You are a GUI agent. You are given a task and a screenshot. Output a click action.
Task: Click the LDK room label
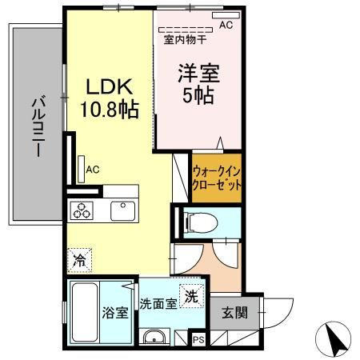[x=110, y=86]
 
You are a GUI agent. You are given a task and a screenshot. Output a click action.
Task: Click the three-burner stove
[x=83, y=210]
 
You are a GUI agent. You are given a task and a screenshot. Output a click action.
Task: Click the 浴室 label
[x=114, y=313]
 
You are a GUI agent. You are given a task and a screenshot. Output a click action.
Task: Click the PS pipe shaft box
[x=198, y=340]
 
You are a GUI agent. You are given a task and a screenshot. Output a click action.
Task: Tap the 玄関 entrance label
[x=229, y=312]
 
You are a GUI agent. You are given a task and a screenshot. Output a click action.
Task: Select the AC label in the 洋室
[x=226, y=25]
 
